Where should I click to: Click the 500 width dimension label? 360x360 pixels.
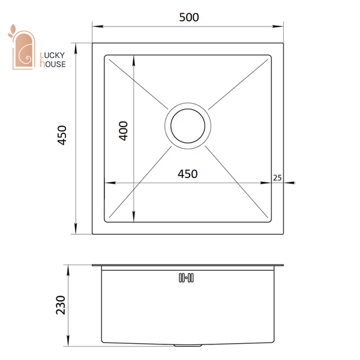point(189,17)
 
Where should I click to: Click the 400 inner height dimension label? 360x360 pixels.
point(123,131)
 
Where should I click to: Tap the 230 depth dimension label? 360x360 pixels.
point(61,305)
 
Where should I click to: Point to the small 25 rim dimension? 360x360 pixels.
point(277,178)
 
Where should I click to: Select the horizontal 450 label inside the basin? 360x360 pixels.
point(188,174)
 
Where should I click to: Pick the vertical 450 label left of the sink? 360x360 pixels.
point(62,135)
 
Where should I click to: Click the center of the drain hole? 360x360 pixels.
point(188,126)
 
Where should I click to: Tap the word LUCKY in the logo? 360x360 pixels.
point(53,55)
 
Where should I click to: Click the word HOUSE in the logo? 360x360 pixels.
point(53,64)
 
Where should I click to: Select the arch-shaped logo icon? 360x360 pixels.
point(23,50)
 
